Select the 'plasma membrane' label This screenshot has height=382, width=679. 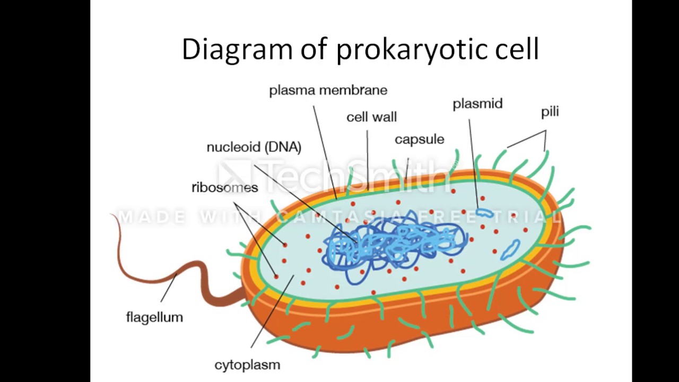(x=328, y=90)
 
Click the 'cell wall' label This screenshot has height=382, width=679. (x=371, y=117)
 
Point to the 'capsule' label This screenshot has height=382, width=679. (x=419, y=140)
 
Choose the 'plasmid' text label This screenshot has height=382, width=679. (x=477, y=104)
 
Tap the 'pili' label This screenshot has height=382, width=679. (x=550, y=112)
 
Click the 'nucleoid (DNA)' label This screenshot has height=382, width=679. (x=254, y=147)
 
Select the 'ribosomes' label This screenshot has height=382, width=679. (x=224, y=187)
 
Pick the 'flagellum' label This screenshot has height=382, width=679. (x=154, y=317)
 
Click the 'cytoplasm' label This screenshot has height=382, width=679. (x=247, y=365)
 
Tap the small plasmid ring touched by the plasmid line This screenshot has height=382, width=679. (x=484, y=213)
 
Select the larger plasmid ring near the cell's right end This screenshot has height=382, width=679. (x=511, y=250)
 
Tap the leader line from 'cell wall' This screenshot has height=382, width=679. (x=367, y=159)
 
